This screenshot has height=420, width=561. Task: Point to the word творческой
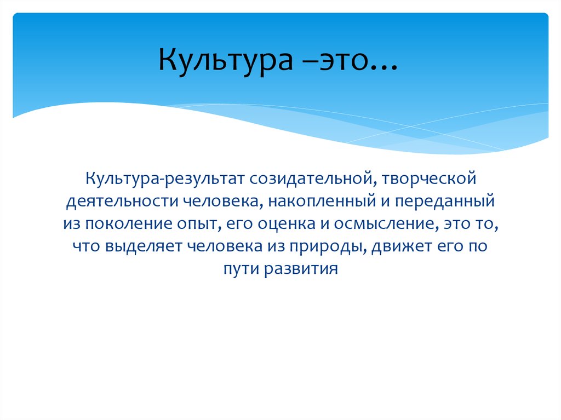point(423,179)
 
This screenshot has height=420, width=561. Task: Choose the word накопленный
point(306,202)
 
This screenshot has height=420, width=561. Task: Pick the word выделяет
point(137,246)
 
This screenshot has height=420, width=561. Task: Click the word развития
point(300,269)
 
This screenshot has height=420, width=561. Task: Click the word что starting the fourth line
point(83,246)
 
